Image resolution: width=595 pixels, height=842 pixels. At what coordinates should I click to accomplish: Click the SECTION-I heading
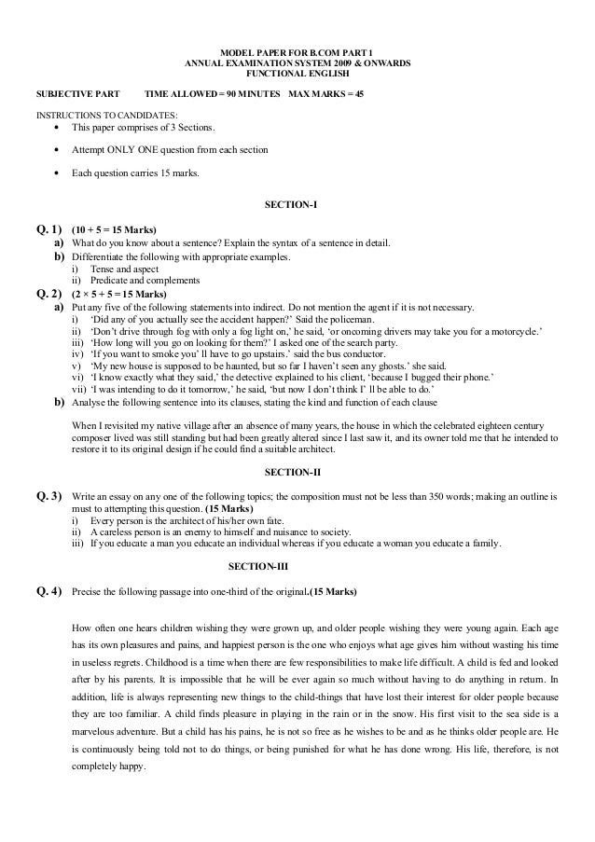click(297, 205)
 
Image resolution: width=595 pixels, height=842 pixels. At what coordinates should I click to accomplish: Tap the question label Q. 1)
click(47, 229)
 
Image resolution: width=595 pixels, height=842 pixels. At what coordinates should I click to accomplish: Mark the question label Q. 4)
click(47, 591)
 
